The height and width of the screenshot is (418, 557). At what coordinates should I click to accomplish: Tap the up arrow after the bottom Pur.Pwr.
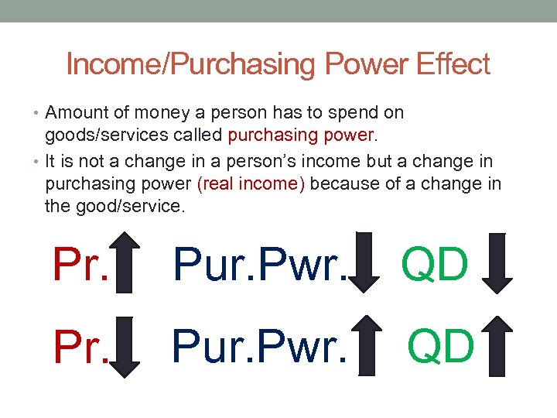tap(374, 345)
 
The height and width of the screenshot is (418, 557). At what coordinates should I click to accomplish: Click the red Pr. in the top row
tap(80, 265)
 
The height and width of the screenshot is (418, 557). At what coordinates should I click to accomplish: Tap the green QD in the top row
tap(435, 265)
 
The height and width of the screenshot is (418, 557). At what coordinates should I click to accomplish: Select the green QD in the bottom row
tap(440, 345)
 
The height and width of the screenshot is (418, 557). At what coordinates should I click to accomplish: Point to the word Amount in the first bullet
tap(77, 113)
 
